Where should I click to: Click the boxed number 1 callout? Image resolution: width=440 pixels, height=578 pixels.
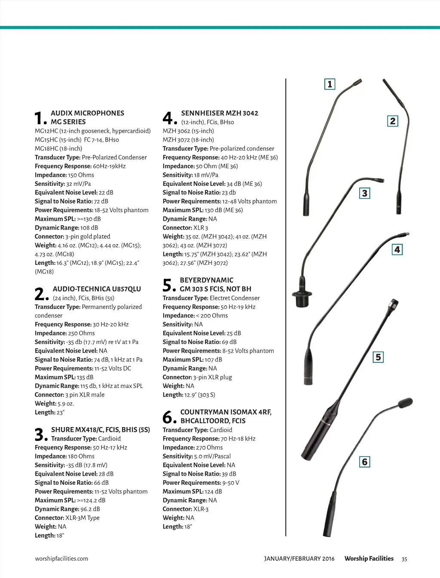330,84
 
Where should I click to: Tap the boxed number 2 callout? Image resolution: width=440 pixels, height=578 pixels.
392,121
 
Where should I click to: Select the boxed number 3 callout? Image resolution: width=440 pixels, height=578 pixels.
364,194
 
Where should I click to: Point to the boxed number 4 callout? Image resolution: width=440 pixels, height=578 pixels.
397,249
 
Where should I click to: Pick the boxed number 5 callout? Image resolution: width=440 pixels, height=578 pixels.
378,357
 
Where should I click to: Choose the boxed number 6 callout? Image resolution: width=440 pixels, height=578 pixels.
364,462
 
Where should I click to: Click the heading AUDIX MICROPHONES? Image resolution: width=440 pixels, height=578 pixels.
87,113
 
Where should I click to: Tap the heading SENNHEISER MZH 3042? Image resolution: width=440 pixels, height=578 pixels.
220,113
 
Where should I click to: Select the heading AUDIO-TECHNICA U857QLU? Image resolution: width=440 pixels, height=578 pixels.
97,289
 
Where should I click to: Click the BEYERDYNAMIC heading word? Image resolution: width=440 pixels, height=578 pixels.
206,280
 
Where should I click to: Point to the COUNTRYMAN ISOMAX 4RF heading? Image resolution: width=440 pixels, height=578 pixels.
226,412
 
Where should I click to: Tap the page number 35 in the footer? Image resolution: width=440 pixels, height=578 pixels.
404,559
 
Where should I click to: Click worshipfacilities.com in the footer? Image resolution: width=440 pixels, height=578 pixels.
61,559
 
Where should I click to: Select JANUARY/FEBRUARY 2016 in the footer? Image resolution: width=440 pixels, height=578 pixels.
299,559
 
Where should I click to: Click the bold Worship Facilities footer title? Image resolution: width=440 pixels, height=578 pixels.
369,559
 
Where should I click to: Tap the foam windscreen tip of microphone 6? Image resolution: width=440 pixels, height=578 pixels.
406,403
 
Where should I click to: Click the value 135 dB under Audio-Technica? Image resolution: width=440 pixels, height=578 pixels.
85,377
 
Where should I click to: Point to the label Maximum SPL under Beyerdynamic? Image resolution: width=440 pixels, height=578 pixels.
183,360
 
